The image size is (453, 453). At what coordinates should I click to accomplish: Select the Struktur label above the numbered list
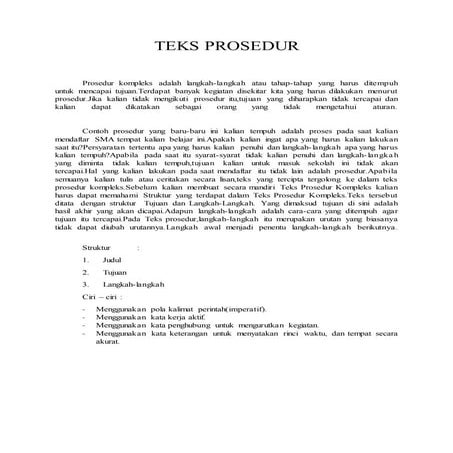(x=100, y=244)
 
